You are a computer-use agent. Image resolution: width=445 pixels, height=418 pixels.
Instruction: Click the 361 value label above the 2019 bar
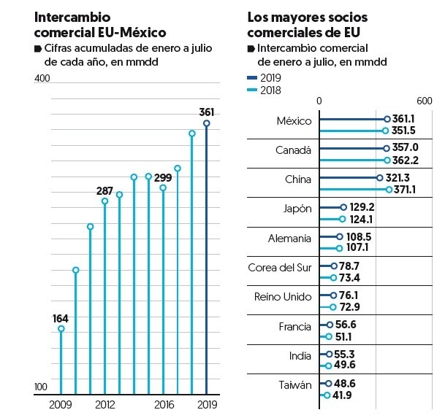pyautogui.click(x=207, y=112)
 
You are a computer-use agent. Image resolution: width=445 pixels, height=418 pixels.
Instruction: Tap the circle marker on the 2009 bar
pyautogui.click(x=61, y=329)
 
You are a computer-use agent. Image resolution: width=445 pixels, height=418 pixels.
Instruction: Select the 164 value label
pyautogui.click(x=61, y=318)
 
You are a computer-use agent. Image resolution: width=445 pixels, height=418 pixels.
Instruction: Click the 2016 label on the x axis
pyautogui.click(x=164, y=405)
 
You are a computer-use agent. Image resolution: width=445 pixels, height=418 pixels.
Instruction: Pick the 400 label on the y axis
pyautogui.click(x=42, y=78)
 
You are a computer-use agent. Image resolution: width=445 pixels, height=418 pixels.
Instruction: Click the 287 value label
pyautogui.click(x=105, y=190)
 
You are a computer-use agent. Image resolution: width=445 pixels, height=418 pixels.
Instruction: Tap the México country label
pyautogui.click(x=294, y=121)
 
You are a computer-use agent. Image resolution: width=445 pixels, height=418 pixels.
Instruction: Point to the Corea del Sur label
pyautogui.click(x=280, y=268)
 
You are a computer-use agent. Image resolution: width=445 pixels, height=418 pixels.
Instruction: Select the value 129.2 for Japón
pyautogui.click(x=362, y=207)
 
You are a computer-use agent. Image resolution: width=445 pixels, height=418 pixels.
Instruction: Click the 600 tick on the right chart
pyautogui.click(x=425, y=101)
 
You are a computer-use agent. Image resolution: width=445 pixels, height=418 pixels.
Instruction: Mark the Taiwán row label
pyautogui.click(x=295, y=385)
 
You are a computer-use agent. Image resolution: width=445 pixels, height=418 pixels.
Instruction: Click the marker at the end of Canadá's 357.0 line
pyautogui.click(x=387, y=147)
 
